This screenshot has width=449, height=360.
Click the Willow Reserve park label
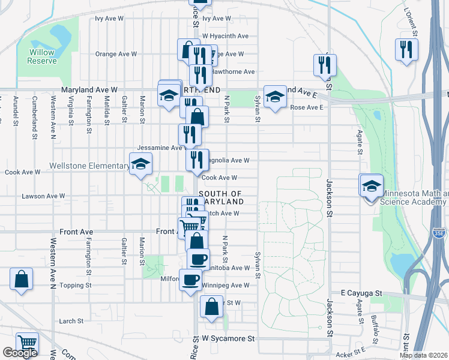tap(42, 56)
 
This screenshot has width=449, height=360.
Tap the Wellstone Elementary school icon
tap(140, 164)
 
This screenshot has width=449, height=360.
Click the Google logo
tap(20, 353)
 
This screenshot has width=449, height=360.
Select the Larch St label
tap(71, 321)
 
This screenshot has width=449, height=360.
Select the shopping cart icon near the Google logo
tap(28, 343)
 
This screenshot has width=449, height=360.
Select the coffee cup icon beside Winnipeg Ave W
tap(190, 279)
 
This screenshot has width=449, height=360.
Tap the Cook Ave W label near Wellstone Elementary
tap(22, 172)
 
